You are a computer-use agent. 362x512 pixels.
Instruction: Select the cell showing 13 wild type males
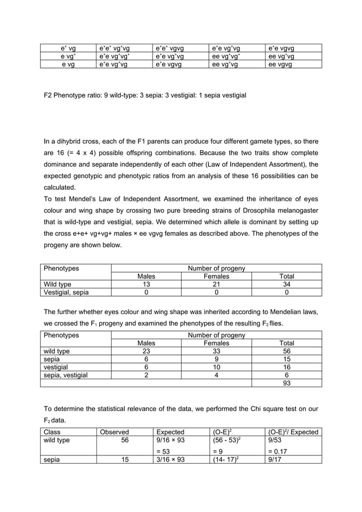146,284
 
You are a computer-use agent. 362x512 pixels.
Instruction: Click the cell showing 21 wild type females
216,284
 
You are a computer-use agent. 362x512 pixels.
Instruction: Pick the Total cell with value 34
287,284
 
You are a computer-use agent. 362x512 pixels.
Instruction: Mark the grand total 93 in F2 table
287,383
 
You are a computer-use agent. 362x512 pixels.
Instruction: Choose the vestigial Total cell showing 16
287,367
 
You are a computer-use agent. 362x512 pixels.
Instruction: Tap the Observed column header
115,432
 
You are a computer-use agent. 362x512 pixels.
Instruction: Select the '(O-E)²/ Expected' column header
293,432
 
